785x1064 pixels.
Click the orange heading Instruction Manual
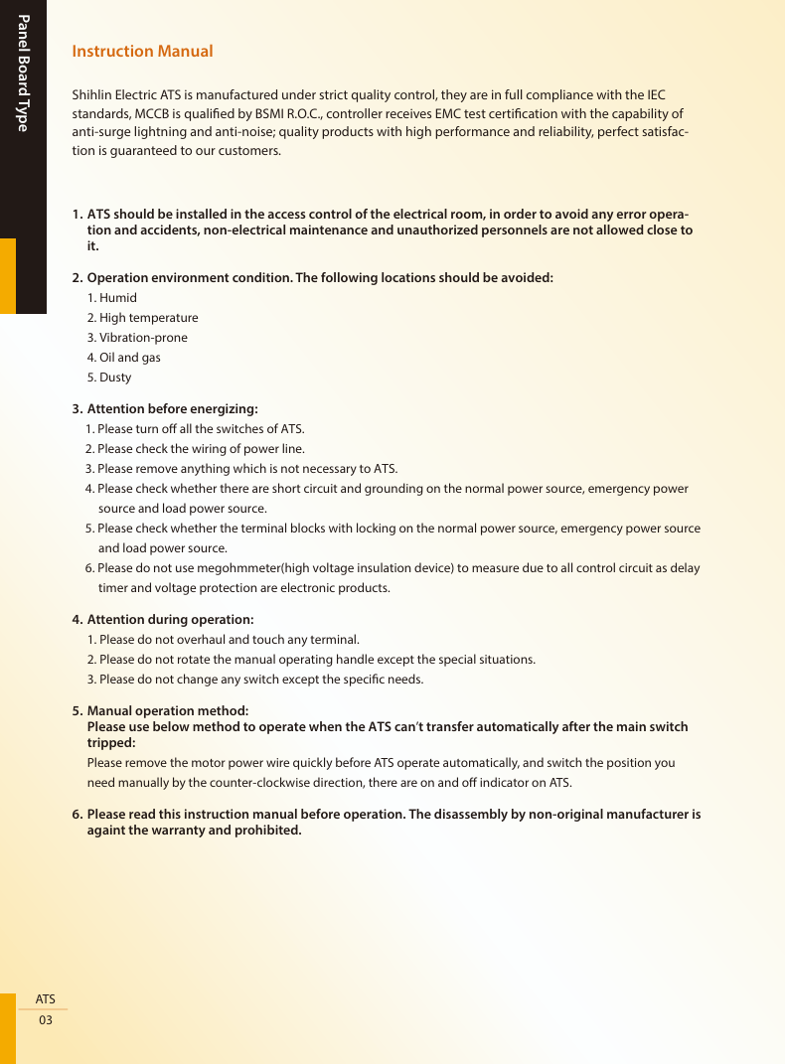pos(142,51)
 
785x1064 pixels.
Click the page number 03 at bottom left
pos(46,1020)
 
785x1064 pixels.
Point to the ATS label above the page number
pos(46,998)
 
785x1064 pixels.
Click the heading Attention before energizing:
pos(172,408)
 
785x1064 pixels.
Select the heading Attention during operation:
pos(170,620)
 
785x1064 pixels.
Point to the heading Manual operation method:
pos(168,711)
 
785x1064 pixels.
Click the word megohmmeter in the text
pos(238,568)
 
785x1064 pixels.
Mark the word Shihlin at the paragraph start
pos(93,95)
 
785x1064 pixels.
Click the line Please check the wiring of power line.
pos(201,449)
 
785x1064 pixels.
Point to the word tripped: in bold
pos(111,743)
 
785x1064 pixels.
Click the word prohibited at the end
pos(266,831)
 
